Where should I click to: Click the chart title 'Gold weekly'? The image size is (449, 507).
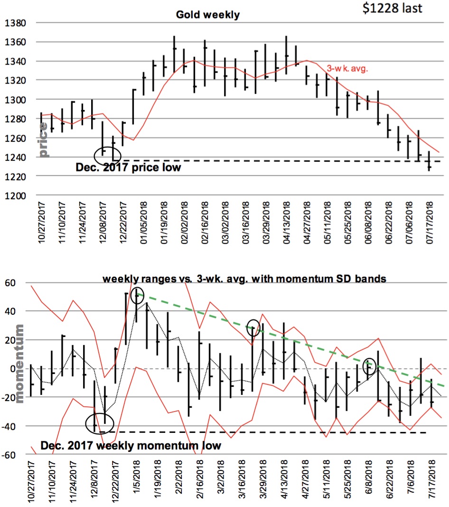click(x=208, y=15)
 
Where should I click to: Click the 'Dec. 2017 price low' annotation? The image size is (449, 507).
click(x=128, y=168)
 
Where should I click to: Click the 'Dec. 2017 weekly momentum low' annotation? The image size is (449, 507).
click(x=131, y=446)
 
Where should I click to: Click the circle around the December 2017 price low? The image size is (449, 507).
click(x=108, y=154)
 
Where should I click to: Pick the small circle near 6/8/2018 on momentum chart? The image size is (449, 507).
click(x=370, y=366)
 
